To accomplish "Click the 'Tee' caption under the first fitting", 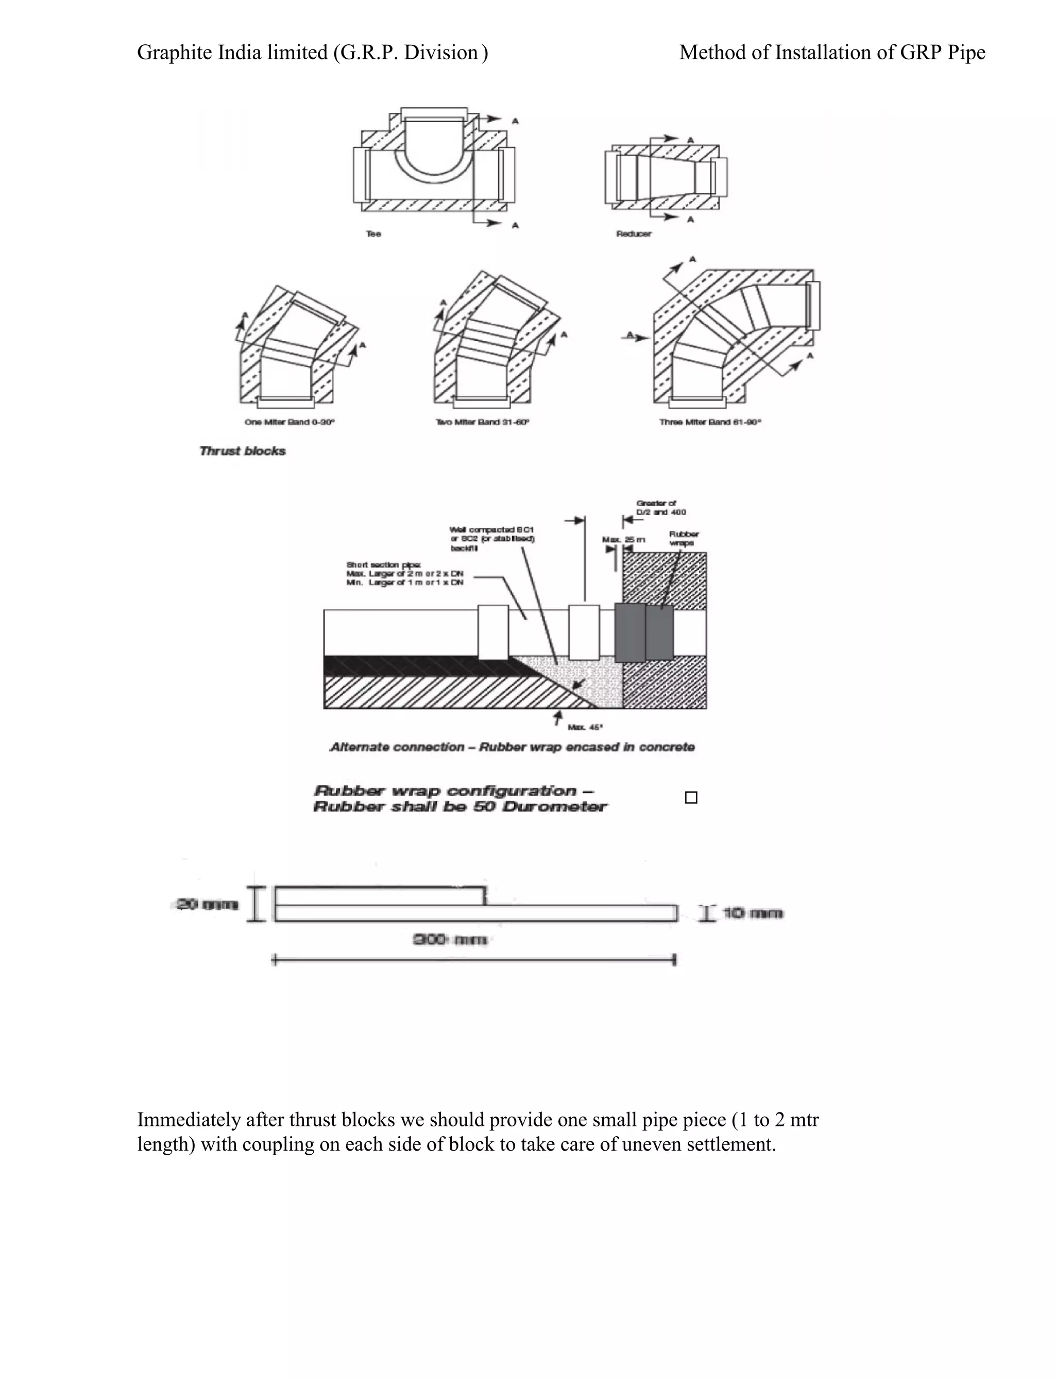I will point(373,234).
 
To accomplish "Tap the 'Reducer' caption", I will point(634,234).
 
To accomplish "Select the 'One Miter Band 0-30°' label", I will point(290,422).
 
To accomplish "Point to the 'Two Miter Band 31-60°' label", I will point(482,422).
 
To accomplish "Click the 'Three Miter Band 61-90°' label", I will point(710,422).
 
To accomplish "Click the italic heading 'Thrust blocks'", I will point(243,451).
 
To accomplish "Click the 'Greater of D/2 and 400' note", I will point(660,508).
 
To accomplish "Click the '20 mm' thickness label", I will point(205,905).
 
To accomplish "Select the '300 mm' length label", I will point(450,940).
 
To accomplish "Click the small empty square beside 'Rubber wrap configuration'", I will point(691,797).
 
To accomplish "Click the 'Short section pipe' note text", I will point(405,574).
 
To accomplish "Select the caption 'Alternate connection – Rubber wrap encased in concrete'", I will point(513,747).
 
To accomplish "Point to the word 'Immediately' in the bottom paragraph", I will point(189,1120).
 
